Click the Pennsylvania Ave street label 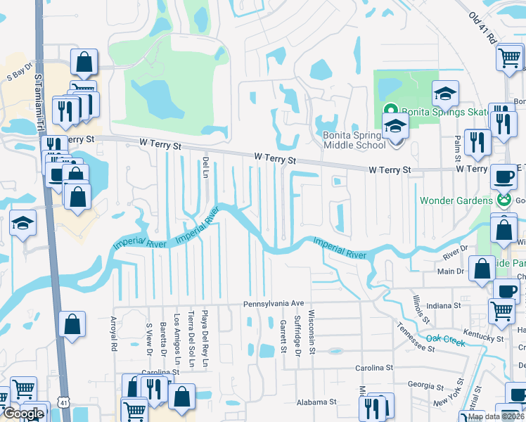[x=274, y=304]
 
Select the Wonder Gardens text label [x=456, y=200]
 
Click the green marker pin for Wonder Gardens [x=503, y=200]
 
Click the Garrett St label [x=283, y=335]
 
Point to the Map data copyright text [x=496, y=416]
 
